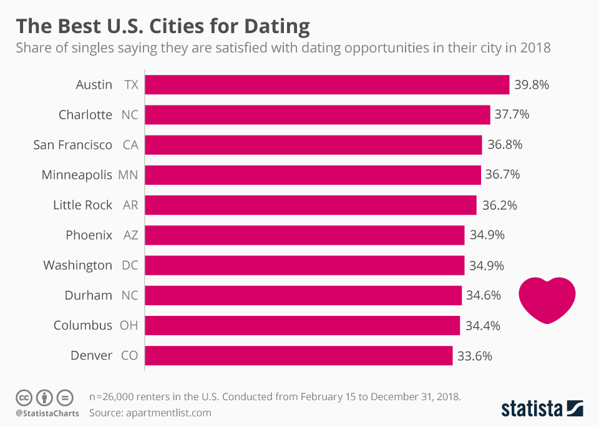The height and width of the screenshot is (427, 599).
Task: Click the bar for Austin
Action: coord(328,85)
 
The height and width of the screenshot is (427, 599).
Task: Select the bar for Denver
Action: coord(299,356)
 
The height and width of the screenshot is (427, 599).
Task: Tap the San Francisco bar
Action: coord(313,145)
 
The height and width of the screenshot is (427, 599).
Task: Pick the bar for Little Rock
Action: coord(311,205)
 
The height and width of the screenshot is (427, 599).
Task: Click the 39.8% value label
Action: coord(531,85)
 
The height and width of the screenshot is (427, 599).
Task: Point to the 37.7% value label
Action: coord(512,115)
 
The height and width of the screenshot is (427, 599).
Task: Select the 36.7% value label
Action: coord(502,175)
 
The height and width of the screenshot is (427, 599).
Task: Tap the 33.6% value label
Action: coord(474,356)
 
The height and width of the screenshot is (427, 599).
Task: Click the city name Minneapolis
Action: coord(77,175)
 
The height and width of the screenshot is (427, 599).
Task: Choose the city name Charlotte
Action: coord(85,115)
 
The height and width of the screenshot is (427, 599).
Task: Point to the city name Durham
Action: coord(89,295)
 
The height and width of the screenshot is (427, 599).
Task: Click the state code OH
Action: coord(129,325)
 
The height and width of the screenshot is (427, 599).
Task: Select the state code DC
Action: coord(130,265)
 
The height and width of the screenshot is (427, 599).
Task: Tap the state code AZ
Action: coord(130,235)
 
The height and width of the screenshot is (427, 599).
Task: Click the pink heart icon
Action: coord(547,299)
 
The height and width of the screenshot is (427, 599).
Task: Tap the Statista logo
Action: coord(542,409)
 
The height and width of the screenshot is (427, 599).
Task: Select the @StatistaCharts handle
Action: coord(47,413)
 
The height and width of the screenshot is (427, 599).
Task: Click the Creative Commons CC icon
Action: coord(24,397)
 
